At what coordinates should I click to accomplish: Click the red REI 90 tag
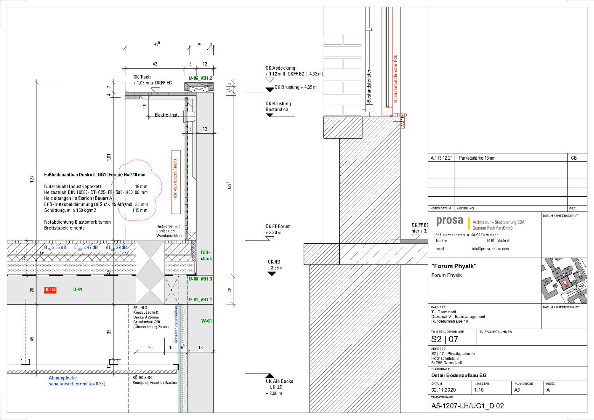tap(50, 290)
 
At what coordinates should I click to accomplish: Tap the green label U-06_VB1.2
tap(200, 78)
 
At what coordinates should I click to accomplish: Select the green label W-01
tap(206, 321)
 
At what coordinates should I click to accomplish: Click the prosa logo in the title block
tap(450, 221)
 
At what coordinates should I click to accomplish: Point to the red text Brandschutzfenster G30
tap(395, 78)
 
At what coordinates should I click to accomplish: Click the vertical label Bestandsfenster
tap(369, 86)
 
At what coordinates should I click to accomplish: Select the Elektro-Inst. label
tap(167, 115)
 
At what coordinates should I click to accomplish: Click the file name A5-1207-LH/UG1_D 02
tap(468, 406)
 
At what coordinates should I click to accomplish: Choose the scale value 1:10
tap(479, 390)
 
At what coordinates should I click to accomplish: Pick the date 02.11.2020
tap(443, 390)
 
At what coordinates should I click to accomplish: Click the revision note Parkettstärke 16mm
tap(477, 158)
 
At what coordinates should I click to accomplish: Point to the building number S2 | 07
tap(444, 339)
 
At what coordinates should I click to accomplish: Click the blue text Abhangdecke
tap(63, 378)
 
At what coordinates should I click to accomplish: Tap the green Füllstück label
tap(206, 255)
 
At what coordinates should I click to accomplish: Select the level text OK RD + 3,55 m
tap(275, 265)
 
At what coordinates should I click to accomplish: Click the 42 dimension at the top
tap(155, 64)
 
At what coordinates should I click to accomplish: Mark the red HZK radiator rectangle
tap(176, 182)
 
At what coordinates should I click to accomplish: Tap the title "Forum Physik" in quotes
tap(454, 266)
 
